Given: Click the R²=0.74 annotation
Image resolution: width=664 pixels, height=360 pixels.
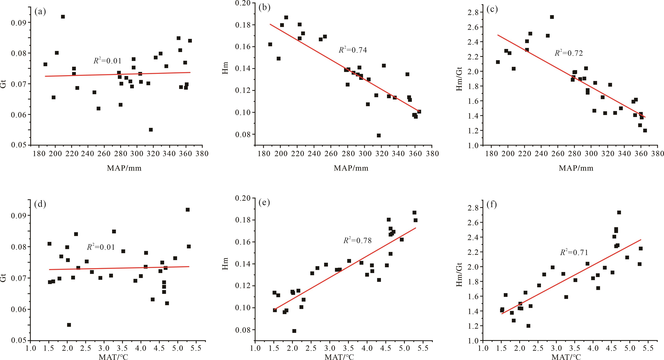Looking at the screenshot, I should tap(353, 50).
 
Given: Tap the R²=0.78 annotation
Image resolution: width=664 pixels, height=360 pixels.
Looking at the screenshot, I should tap(358, 240).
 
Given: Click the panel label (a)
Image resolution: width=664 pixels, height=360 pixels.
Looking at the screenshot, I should tap(40, 12).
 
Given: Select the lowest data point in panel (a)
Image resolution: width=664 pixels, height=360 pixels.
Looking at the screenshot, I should tap(151, 130).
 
